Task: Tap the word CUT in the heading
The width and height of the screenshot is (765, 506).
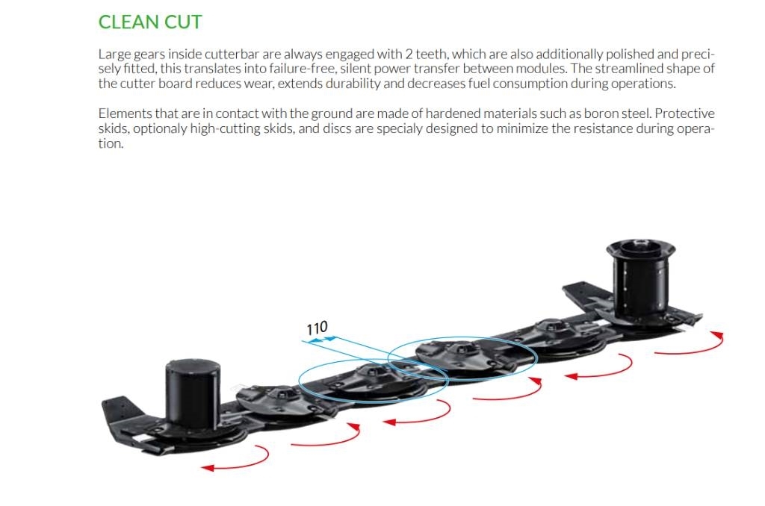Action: point(183,22)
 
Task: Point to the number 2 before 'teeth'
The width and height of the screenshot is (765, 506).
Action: point(409,54)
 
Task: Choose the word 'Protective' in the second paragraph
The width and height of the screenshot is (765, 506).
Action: point(684,113)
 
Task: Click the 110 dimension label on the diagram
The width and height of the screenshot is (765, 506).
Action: point(317,328)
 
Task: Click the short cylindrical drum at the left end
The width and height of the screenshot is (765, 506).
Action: point(193,395)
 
